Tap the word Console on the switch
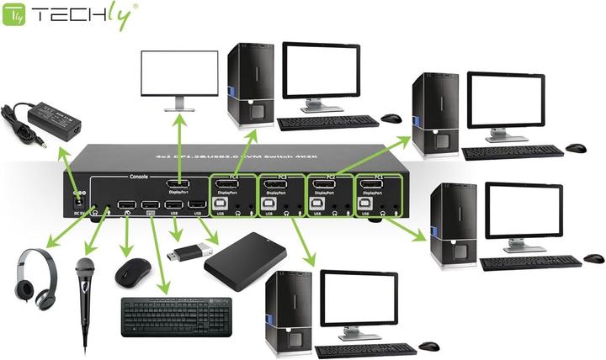[x=139, y=177]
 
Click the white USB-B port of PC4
[x=221, y=203]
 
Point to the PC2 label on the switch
[x=322, y=177]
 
